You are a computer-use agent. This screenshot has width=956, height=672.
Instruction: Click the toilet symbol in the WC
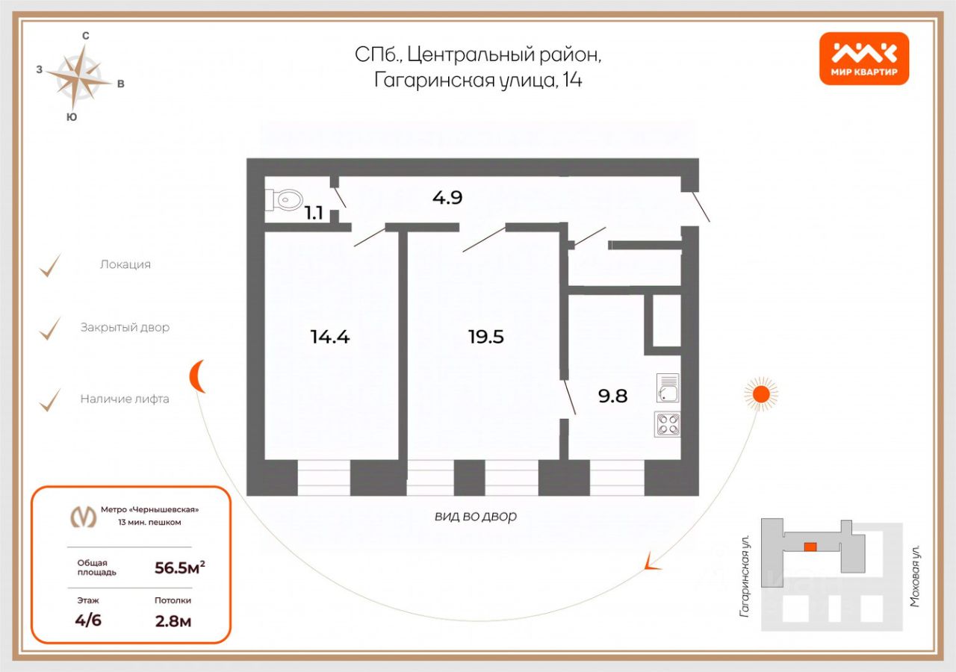[285, 199]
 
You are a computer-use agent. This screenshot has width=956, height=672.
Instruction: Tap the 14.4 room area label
[330, 337]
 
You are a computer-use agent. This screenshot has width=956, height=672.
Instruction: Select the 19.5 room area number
[486, 337]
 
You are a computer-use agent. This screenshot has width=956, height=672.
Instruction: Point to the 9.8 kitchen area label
[612, 396]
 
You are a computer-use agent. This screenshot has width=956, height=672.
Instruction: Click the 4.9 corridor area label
[447, 198]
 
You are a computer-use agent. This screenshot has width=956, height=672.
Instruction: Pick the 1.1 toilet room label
[314, 213]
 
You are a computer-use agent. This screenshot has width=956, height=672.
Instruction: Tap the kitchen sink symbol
[668, 388]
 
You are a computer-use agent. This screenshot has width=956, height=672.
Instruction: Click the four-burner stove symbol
[668, 424]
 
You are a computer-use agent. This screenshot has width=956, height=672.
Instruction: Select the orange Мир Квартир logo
[864, 58]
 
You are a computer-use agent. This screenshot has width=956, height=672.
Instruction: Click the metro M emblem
[83, 516]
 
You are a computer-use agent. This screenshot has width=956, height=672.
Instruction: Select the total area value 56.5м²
[179, 568]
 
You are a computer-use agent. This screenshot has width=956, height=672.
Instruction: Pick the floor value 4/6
[88, 620]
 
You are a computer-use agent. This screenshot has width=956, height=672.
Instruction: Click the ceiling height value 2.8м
[173, 620]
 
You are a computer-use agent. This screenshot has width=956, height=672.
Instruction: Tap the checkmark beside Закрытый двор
[50, 328]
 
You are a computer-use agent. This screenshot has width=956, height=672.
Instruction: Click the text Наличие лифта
[125, 399]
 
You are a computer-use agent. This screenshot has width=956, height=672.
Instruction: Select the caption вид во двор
[476, 516]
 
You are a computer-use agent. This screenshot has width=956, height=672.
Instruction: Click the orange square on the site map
[810, 547]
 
